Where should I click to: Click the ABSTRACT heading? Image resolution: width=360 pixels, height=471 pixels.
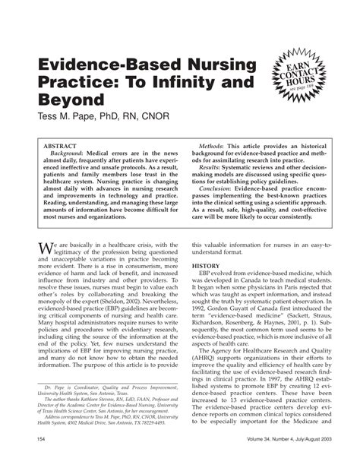(x=62, y=143)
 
